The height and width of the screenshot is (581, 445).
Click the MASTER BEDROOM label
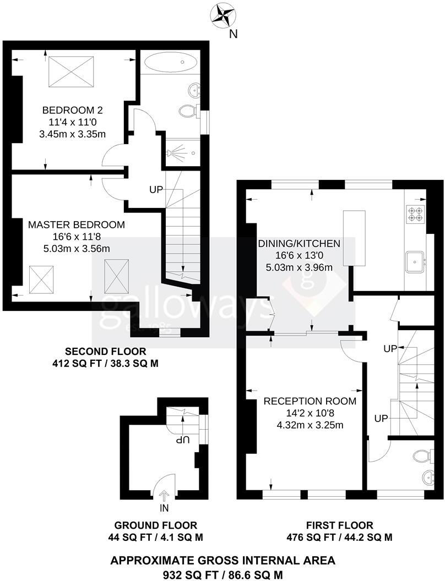(77, 224)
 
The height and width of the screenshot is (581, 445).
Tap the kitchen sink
(415, 261)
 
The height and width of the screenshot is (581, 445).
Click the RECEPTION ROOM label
(310, 401)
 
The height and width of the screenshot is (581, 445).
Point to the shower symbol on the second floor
(177, 152)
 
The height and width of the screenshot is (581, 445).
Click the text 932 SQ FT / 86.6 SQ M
(223, 573)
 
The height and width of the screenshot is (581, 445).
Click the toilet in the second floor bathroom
(187, 111)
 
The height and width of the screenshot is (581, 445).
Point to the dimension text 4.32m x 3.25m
(310, 425)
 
